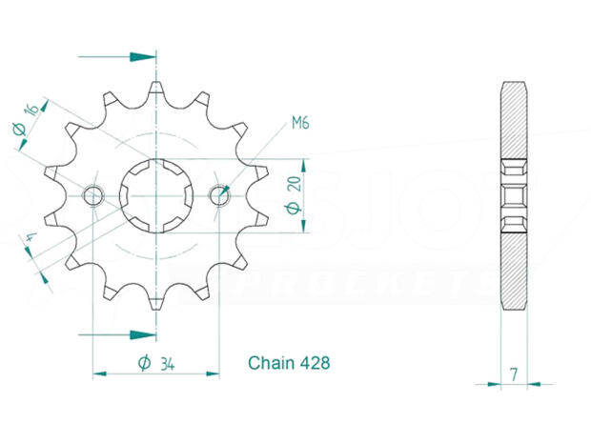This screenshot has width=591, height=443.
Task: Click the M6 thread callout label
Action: coord(300,123)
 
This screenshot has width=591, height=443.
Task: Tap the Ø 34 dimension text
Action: coord(156,364)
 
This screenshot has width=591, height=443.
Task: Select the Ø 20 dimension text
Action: coord(294,195)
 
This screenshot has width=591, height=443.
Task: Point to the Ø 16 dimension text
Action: coord(26,120)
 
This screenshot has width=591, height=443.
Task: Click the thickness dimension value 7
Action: coord(514,374)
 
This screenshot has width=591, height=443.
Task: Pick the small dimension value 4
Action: coord(31,237)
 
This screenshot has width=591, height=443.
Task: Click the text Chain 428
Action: coord(289,363)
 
